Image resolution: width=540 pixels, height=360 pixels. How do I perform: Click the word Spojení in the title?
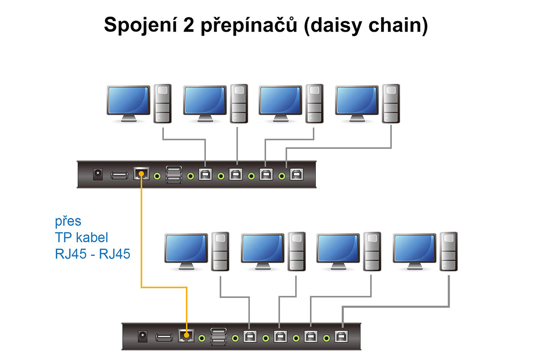point(140,25)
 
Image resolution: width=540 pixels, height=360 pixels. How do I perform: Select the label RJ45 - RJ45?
point(93,254)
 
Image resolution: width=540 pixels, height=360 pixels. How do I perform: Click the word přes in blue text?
point(68,221)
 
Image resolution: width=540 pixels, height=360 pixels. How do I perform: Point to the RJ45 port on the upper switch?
point(141,174)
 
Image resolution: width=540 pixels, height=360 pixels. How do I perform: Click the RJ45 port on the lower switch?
point(186,335)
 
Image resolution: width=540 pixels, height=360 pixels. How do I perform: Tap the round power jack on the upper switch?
point(98,174)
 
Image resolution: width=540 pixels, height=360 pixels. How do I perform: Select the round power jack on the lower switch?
point(143,336)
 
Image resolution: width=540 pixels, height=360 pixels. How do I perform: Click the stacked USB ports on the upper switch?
point(174,174)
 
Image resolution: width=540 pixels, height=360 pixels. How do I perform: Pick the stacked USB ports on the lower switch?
point(219,336)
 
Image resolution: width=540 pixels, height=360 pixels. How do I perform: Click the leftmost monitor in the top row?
point(128,101)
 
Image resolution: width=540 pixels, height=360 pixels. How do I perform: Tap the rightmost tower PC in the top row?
point(391,103)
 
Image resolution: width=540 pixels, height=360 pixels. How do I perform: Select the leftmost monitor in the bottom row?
point(186,249)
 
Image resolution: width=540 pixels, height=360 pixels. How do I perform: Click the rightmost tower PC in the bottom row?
point(449,251)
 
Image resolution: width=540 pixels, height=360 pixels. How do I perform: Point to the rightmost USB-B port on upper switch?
point(296,174)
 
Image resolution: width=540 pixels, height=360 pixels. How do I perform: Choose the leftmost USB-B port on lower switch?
point(250,336)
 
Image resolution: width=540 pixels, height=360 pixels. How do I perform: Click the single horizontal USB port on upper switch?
point(120,176)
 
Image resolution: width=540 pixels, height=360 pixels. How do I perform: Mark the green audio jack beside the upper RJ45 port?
point(157,176)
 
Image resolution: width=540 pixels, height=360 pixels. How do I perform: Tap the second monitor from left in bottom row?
point(262,249)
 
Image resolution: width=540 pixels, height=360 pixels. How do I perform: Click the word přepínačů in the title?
point(249,25)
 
